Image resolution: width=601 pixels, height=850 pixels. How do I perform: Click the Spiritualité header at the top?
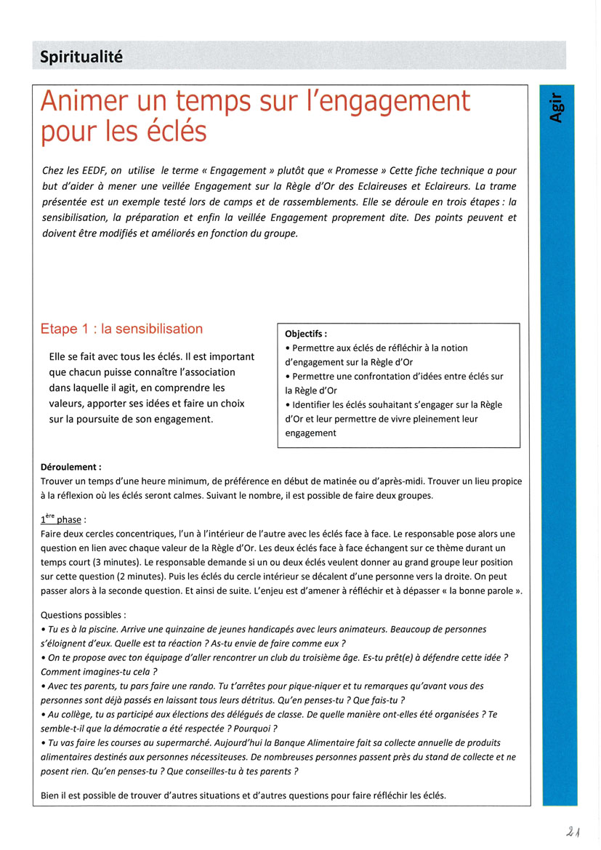(81, 56)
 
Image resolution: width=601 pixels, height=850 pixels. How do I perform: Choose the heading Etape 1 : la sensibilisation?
(121, 329)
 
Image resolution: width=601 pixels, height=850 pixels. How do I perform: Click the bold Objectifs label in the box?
(306, 334)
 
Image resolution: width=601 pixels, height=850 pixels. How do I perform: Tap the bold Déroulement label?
(71, 468)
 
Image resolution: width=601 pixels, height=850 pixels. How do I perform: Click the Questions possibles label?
(83, 614)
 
